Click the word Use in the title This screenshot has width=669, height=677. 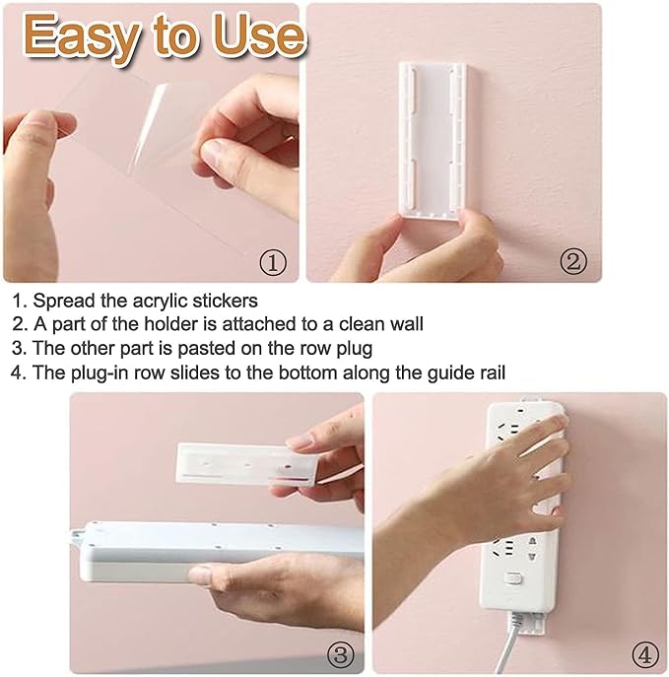(255, 36)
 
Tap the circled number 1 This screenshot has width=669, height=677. (272, 262)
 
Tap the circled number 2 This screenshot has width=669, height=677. (573, 262)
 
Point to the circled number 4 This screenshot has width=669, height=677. (644, 653)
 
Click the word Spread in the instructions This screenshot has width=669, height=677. (61, 301)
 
